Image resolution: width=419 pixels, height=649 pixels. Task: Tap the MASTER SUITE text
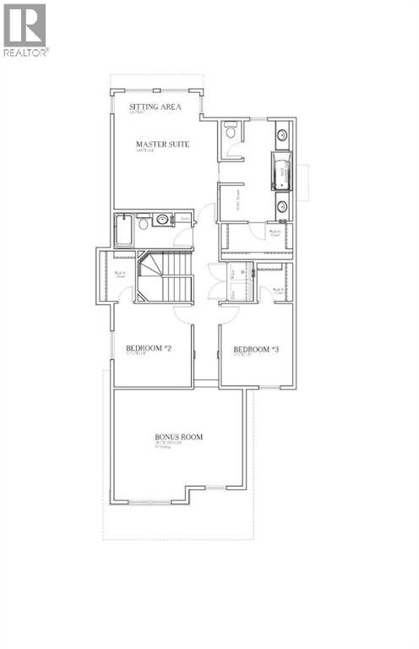point(162,145)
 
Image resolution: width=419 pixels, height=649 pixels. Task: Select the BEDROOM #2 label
point(149,348)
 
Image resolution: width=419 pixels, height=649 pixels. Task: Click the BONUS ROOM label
point(178,437)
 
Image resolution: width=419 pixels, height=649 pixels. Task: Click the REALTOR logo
point(25,29)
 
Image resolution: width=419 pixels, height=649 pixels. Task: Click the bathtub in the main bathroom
point(124,229)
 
